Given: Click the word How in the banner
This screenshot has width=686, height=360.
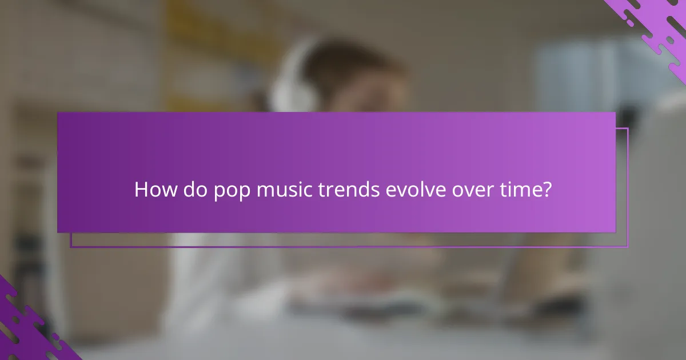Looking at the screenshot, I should (x=150, y=190).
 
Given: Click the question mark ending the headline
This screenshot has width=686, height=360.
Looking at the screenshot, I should (x=547, y=190).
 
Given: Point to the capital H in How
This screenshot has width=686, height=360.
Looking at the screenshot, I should (x=141, y=190).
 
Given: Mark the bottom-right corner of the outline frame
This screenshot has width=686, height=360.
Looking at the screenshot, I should (x=628, y=247).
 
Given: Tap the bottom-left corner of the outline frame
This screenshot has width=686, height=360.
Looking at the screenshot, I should (x=71, y=247).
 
